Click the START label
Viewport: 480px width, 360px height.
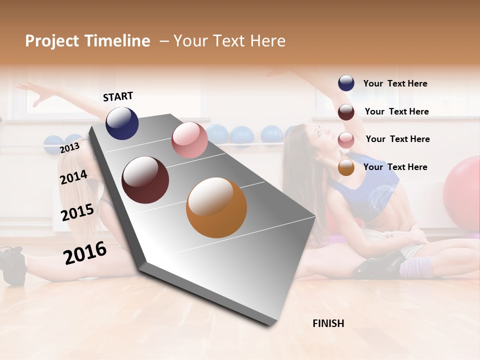click(x=118, y=96)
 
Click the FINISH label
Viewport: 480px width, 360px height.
click(x=328, y=323)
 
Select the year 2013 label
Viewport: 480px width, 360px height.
click(x=69, y=148)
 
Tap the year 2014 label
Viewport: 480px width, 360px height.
click(x=73, y=177)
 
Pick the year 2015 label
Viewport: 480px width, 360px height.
click(x=77, y=212)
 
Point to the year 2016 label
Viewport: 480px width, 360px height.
click(x=85, y=253)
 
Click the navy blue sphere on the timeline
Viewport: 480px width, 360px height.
click(x=122, y=123)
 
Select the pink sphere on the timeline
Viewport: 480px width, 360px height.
click(x=189, y=140)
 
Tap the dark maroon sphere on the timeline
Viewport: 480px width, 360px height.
click(x=145, y=180)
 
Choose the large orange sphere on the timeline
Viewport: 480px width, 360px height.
click(x=216, y=207)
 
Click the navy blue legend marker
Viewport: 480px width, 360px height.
click(x=346, y=83)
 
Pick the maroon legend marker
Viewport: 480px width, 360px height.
click(x=346, y=112)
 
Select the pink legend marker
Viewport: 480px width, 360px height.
click(x=346, y=140)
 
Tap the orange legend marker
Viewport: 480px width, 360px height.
click(x=346, y=168)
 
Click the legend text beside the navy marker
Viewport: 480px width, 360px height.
click(x=395, y=83)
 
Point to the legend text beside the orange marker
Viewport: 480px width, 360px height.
click(x=395, y=167)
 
